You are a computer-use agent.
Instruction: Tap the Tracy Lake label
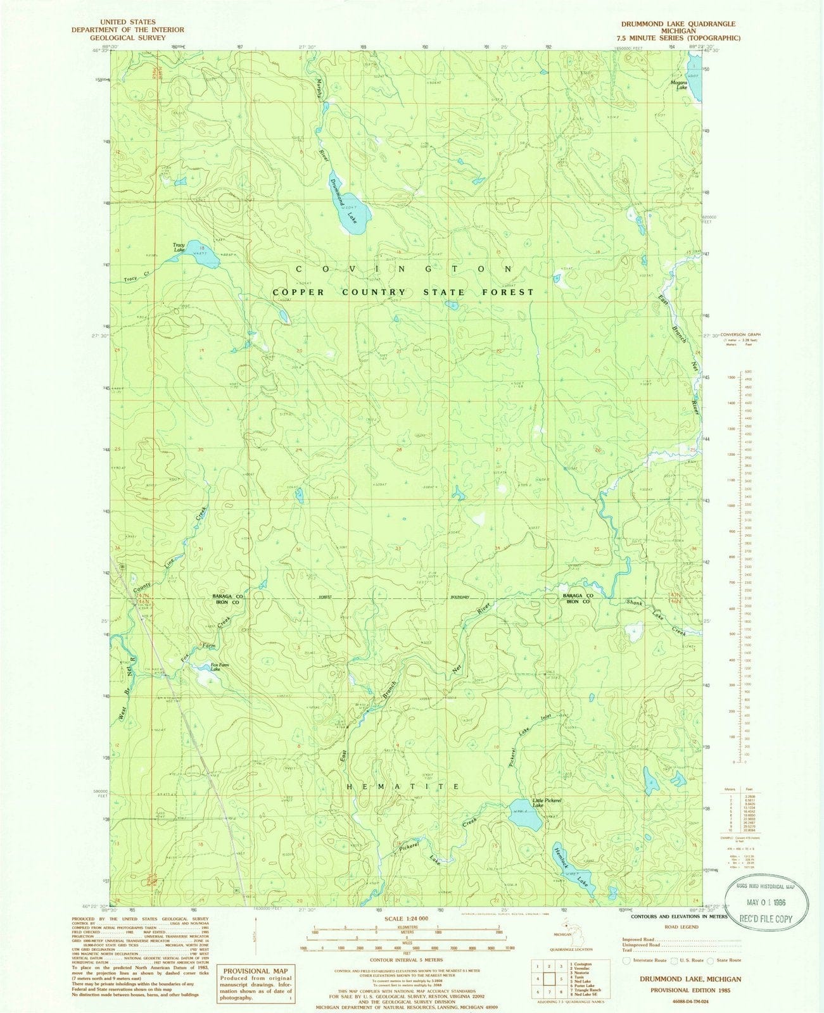pyautogui.click(x=183, y=248)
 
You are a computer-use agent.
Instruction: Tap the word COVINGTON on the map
pyautogui.click(x=403, y=269)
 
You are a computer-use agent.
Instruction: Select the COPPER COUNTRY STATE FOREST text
pyautogui.click(x=403, y=293)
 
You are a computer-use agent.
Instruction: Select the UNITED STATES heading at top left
pyautogui.click(x=127, y=22)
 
